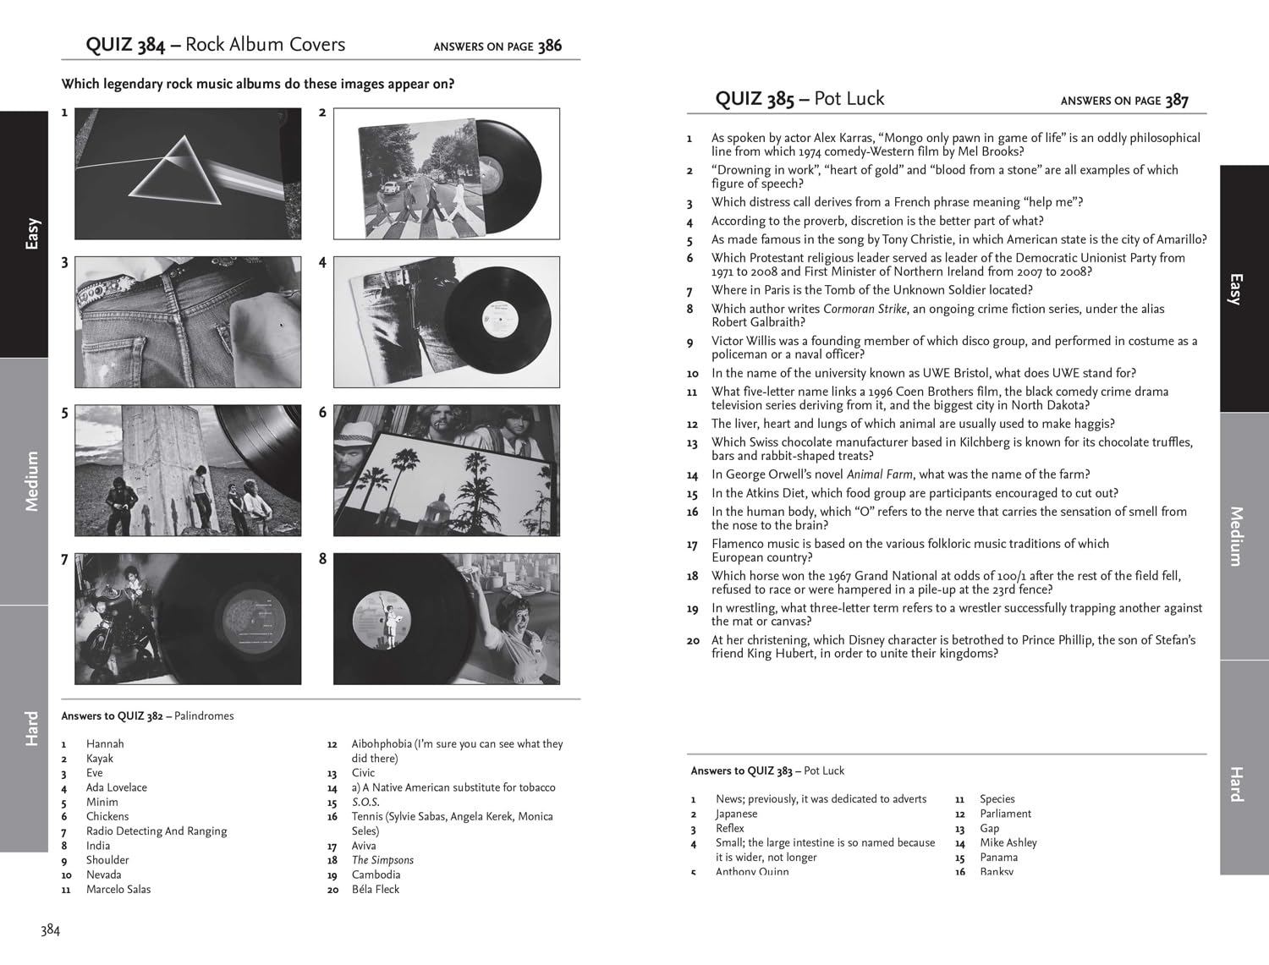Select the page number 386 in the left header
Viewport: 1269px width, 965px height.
(x=549, y=46)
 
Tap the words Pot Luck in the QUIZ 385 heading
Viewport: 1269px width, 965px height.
(x=849, y=99)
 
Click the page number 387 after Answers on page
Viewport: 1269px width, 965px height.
(x=1176, y=101)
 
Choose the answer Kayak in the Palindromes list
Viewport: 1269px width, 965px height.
(x=100, y=759)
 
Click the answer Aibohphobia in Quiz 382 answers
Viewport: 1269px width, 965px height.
(x=382, y=744)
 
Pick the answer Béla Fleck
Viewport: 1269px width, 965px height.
(x=375, y=889)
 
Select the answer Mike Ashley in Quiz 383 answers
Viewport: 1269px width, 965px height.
(x=1008, y=842)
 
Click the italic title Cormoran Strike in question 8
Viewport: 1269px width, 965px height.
(x=865, y=309)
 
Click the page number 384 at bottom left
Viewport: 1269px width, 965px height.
(x=50, y=930)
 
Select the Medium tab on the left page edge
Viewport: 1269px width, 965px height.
(x=31, y=481)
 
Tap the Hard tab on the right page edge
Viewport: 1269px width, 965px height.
(x=1236, y=783)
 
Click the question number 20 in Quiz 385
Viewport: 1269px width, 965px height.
(x=693, y=641)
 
